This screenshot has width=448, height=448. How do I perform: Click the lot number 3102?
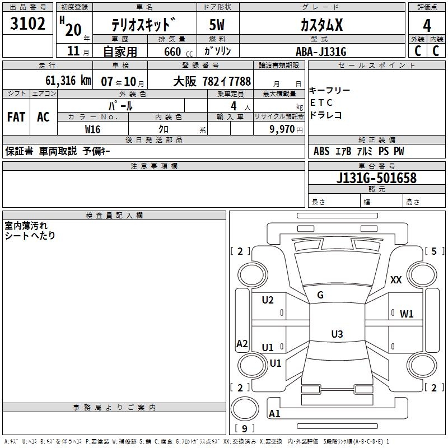tap(28, 25)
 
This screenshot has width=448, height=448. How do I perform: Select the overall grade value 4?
tap(427, 26)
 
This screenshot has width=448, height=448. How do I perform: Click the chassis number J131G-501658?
tap(376, 178)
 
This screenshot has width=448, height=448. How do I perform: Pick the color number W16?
tap(92, 129)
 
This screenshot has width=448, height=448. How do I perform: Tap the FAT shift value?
tap(16, 117)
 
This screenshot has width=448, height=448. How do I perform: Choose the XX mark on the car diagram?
tap(396, 280)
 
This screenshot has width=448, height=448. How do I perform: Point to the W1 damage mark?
tap(407, 314)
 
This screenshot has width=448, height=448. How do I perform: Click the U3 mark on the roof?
tap(337, 334)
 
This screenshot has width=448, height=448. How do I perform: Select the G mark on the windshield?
tap(320, 295)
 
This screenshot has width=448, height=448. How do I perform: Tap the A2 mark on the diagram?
tap(242, 344)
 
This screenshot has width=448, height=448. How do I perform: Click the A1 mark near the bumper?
tap(274, 414)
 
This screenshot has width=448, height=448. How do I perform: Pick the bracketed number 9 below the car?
tap(244, 429)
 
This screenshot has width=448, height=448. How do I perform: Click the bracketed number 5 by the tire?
tap(434, 251)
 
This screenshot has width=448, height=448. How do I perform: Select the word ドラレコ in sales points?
tap(326, 115)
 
